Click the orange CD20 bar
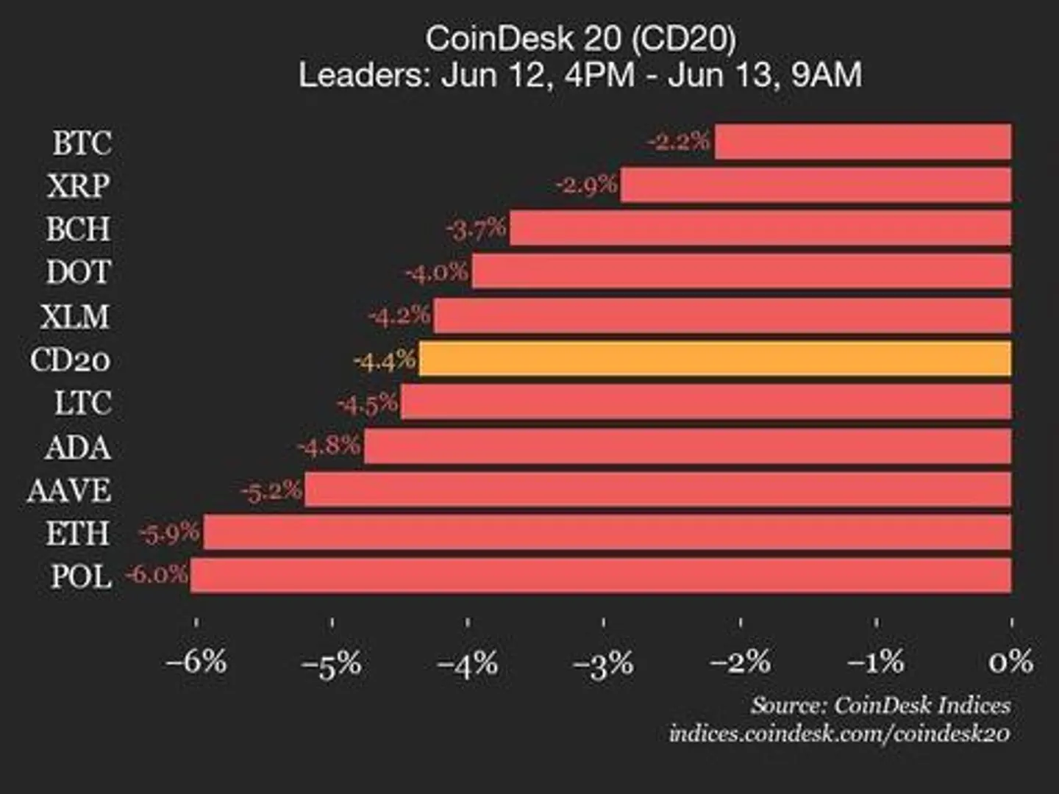point(715,360)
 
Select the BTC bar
point(863,143)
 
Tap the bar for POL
point(600,576)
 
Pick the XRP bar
point(816,185)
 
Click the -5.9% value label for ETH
point(170,533)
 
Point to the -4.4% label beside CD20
point(385,361)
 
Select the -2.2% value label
point(679,141)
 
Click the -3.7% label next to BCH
point(477,230)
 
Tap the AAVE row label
point(69,490)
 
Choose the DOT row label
point(78,273)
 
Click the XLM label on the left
point(75,317)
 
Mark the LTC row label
point(82,403)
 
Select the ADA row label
point(77,447)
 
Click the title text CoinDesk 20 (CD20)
point(580,38)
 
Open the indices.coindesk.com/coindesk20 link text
point(839,733)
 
